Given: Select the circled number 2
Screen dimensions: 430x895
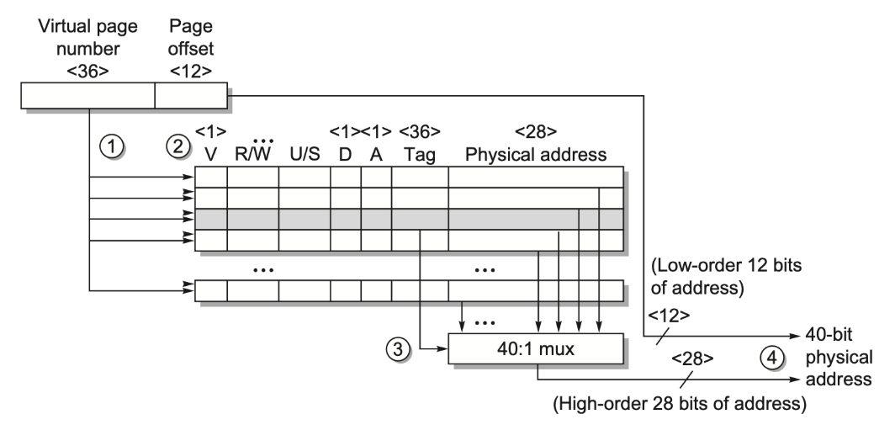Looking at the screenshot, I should click(176, 145).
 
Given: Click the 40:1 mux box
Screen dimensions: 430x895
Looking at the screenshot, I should click(536, 347).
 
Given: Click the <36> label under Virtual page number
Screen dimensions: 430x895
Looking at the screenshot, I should click(87, 72).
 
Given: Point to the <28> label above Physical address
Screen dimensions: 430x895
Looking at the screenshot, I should click(535, 131).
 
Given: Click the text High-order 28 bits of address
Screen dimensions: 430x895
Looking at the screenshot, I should click(679, 405).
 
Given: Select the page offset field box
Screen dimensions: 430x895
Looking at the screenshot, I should click(191, 97).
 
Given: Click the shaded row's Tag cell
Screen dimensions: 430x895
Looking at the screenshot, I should click(420, 219).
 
